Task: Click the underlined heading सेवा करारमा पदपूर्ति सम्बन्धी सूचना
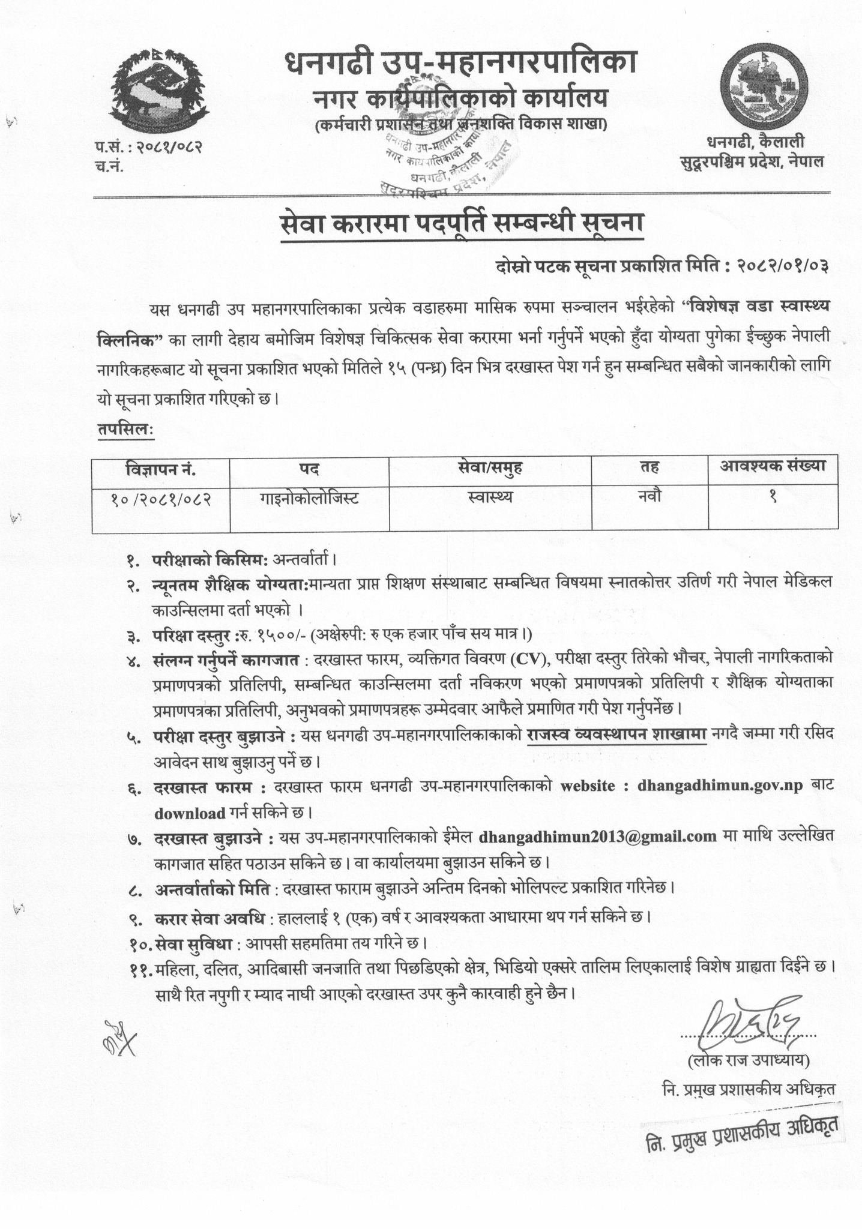[x=462, y=226]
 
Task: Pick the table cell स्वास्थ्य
[x=489, y=497]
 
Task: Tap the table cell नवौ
[x=650, y=496]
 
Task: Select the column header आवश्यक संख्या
[x=773, y=466]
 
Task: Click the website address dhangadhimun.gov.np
[x=720, y=786]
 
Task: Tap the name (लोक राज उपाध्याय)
[x=749, y=1060]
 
